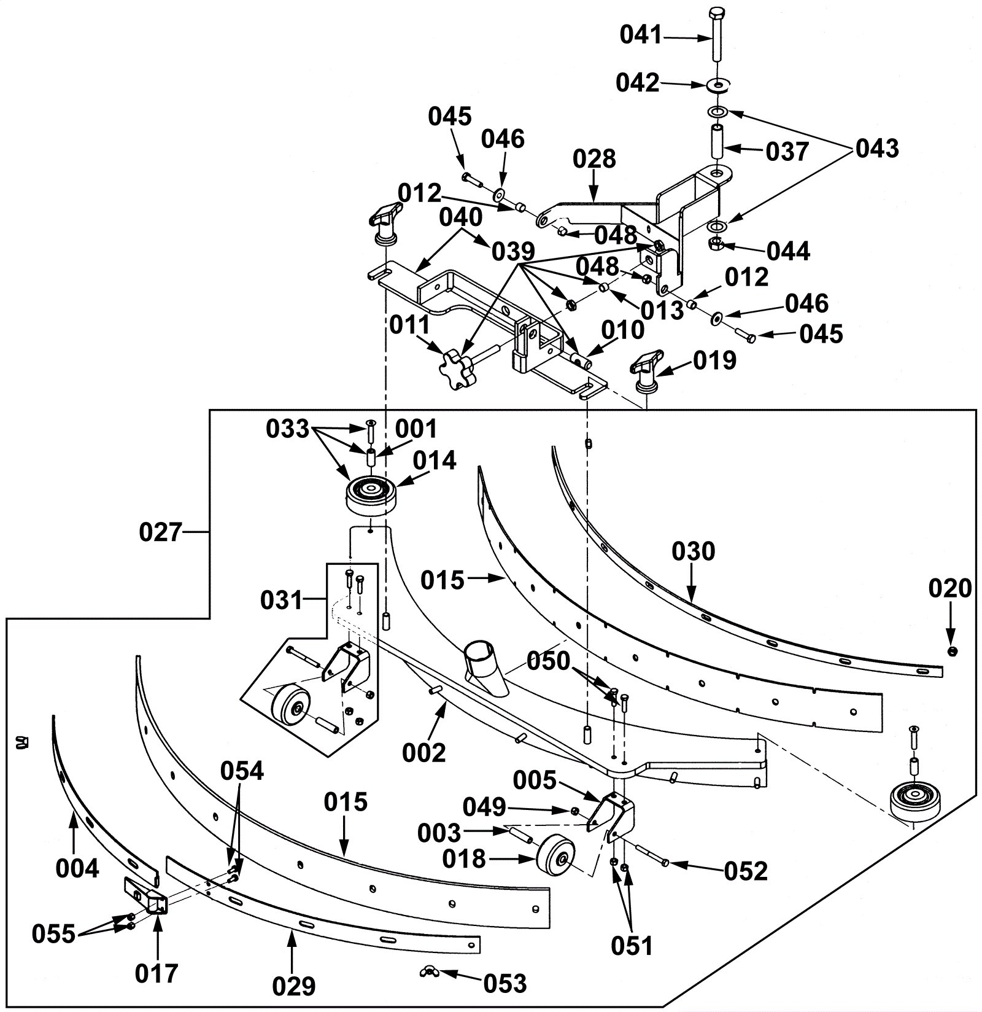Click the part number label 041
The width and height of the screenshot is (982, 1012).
pos(641,35)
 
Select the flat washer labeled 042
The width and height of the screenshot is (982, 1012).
pos(717,84)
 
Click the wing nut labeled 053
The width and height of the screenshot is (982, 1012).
pos(428,971)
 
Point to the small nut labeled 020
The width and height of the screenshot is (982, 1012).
pos(951,651)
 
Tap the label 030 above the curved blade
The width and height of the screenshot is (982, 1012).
pos(693,551)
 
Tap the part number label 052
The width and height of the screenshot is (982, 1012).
pos(746,871)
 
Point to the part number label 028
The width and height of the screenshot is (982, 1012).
pos(594,158)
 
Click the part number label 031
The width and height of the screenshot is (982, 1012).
pos(282,599)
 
